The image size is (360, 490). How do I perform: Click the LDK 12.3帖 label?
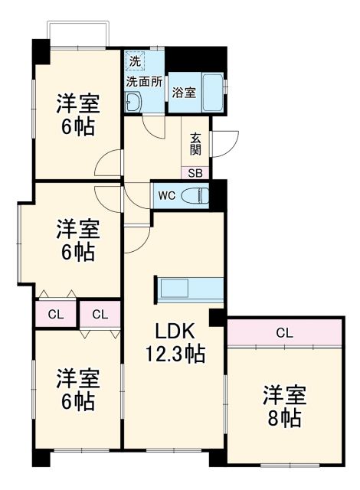tap(176, 342)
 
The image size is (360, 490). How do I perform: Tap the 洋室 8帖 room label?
tap(284, 407)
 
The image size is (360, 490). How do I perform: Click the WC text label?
tap(167, 195)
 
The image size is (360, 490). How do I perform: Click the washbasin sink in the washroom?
tap(134, 102)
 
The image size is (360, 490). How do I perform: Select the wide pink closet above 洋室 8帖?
tap(284, 332)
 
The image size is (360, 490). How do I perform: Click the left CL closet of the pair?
tap(55, 313)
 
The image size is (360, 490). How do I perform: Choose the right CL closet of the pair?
tap(100, 313)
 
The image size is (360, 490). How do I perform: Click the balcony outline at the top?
tap(78, 34)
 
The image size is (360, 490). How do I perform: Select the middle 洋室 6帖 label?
tap(77, 239)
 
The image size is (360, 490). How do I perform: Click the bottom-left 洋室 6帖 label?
tap(77, 388)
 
